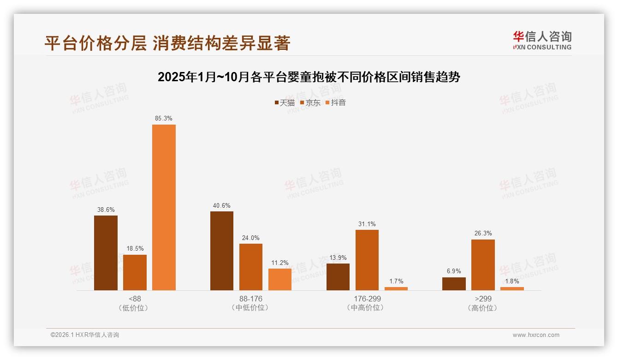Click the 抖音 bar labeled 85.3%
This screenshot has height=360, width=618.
click(164, 207)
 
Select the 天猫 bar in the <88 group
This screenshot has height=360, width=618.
click(106, 253)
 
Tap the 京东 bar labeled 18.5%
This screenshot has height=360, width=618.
click(135, 272)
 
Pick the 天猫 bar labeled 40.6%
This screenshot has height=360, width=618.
click(222, 251)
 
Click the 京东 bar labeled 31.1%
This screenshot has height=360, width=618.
click(367, 260)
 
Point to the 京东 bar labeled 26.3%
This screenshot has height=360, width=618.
click(483, 265)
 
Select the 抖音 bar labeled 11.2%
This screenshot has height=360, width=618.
click(280, 279)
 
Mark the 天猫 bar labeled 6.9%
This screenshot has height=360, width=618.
click(454, 284)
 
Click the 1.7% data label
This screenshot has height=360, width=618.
click(396, 281)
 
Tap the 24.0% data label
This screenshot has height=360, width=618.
click(251, 238)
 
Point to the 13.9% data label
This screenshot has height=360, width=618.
click(338, 258)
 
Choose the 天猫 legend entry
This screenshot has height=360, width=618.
click(285, 102)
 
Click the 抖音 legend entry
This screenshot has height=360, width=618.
click(336, 102)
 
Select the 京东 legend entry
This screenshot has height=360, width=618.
click(310, 102)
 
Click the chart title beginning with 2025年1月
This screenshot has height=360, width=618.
click(309, 77)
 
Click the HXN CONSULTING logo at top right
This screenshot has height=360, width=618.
click(542, 41)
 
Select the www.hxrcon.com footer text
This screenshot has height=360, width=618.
click(536, 335)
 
